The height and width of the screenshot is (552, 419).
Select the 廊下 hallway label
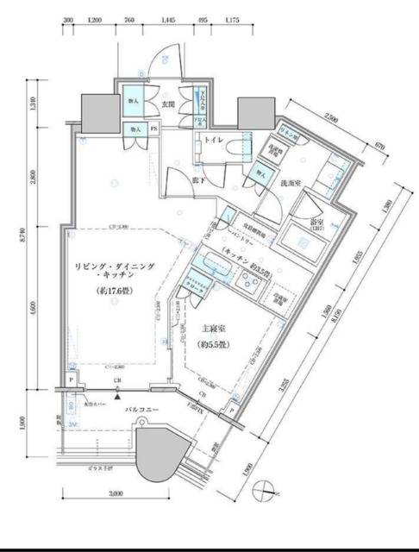tap(197, 181)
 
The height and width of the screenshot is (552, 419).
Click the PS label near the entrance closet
tap(154, 129)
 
